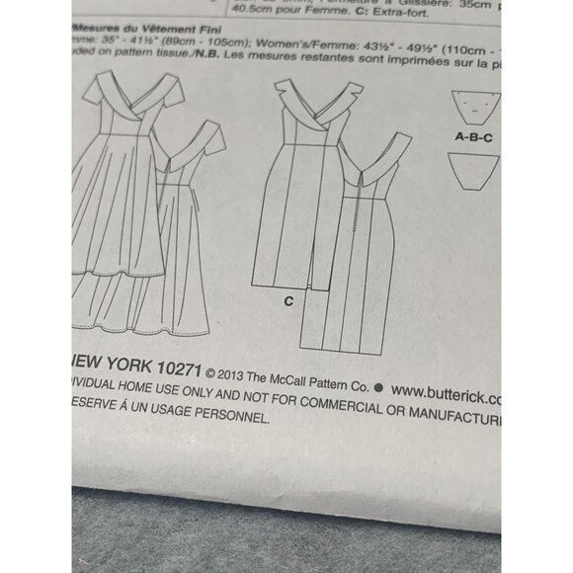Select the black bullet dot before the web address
pyautogui.click(x=381, y=386)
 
